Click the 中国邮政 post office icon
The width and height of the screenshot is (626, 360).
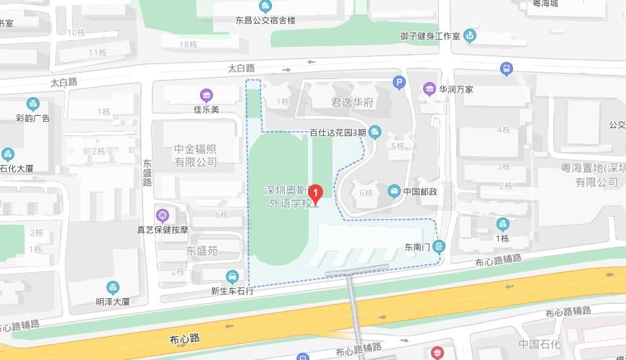pyautogui.click(x=394, y=192)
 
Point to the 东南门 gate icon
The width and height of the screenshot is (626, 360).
pyautogui.click(x=440, y=247)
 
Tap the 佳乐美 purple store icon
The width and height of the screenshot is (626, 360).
pyautogui.click(x=206, y=95)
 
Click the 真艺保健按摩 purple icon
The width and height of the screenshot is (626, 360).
pyautogui.click(x=163, y=215)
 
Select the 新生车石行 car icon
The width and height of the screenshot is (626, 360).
pyautogui.click(x=232, y=276)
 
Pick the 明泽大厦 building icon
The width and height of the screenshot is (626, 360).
pyautogui.click(x=113, y=288)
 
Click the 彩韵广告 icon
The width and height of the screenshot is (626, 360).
pyautogui.click(x=32, y=104)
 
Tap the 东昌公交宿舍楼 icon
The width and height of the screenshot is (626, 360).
pyautogui.click(x=266, y=6)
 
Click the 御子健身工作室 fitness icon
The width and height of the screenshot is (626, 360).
pyautogui.click(x=470, y=35)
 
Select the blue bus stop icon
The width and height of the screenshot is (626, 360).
pyautogui.click(x=507, y=68)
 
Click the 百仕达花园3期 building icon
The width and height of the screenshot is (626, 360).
pyautogui.click(x=375, y=132)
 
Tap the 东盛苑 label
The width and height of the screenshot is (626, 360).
pyautogui.click(x=201, y=251)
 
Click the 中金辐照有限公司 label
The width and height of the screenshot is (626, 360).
pyautogui.click(x=195, y=156)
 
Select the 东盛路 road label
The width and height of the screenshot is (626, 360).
pyautogui.click(x=147, y=173)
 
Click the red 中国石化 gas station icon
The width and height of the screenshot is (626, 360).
pyautogui.click(x=437, y=354)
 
